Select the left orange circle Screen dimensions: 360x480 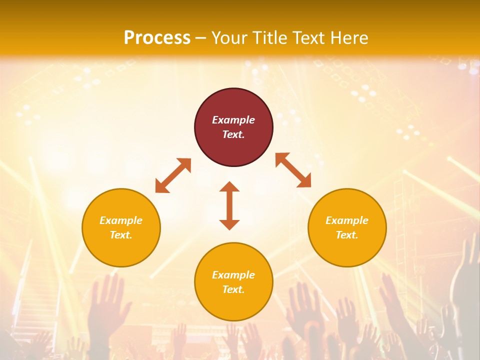[x=121, y=227]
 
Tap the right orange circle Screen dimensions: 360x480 [x=347, y=227]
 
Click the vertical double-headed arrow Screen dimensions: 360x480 [x=229, y=205]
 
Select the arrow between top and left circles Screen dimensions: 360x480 [x=173, y=175]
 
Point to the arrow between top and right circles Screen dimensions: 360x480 [x=293, y=170]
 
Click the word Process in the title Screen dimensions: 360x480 [x=157, y=37]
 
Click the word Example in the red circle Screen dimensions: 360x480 [x=233, y=120]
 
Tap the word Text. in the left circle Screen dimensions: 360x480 [x=121, y=235]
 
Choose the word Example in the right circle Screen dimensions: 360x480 [x=347, y=220]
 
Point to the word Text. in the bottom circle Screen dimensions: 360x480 [x=233, y=289]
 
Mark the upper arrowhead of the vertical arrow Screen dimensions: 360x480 [x=229, y=187]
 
